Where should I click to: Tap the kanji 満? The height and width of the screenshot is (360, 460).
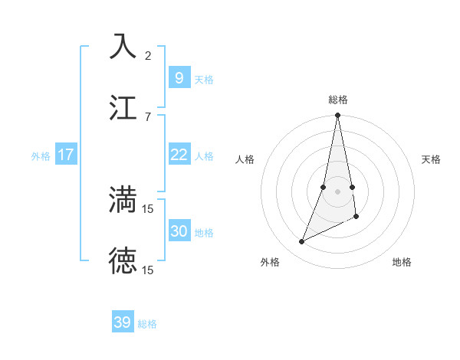(x=123, y=199)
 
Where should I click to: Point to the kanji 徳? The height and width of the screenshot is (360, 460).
(x=123, y=260)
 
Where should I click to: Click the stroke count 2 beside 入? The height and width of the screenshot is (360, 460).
(x=148, y=55)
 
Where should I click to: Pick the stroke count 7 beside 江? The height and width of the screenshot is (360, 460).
(x=148, y=116)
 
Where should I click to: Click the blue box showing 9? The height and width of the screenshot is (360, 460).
(x=179, y=78)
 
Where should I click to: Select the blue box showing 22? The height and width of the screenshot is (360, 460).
(x=179, y=155)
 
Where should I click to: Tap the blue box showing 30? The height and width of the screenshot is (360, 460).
(x=179, y=231)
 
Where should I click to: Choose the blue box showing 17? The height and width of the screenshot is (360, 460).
(x=66, y=155)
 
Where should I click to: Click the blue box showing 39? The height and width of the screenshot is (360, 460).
(x=123, y=322)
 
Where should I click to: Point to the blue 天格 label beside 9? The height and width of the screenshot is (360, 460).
(x=204, y=79)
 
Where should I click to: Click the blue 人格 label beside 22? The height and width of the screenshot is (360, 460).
(x=204, y=155)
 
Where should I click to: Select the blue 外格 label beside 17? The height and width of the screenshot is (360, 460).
(x=41, y=155)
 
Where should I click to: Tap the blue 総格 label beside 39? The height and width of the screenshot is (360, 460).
(x=147, y=323)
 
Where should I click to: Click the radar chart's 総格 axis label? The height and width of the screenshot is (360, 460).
(x=338, y=100)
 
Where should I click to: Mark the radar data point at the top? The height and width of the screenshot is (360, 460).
(x=337, y=116)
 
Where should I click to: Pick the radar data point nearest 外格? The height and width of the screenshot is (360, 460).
(x=302, y=241)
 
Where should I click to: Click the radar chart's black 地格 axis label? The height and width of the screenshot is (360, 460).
(x=402, y=262)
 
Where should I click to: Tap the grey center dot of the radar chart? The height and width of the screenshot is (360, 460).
(x=337, y=191)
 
